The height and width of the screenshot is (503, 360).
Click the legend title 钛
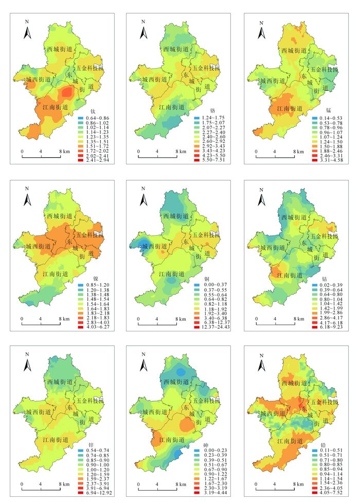[93, 111]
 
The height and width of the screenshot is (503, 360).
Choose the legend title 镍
[93, 278]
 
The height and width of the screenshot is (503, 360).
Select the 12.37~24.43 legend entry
[211, 327]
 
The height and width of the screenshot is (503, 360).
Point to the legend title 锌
[93, 444]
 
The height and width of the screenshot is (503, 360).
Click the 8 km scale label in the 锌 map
[64, 484]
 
